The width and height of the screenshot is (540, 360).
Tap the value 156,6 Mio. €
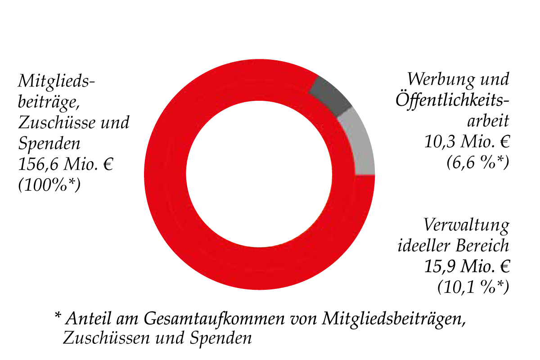(66, 164)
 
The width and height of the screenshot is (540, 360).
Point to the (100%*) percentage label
(49, 184)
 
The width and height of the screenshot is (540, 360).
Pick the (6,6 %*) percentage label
(477, 162)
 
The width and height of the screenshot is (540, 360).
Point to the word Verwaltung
(466, 225)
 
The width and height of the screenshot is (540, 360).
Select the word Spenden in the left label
(49, 144)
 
